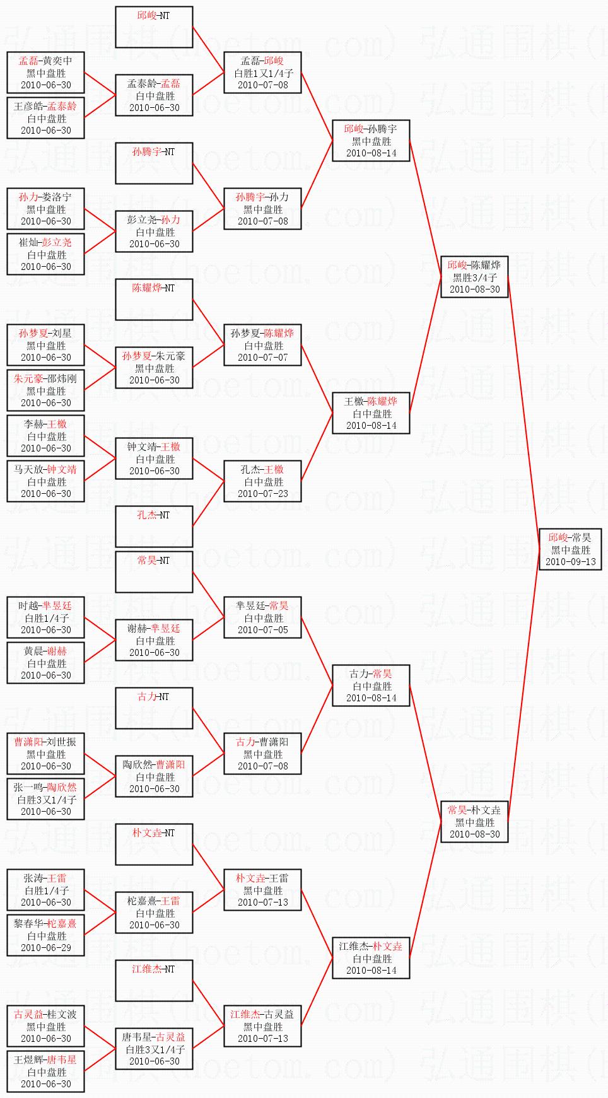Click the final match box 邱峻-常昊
click(570, 549)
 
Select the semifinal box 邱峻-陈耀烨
click(474, 277)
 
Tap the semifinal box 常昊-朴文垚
click(474, 822)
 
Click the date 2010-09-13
click(570, 561)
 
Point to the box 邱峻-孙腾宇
click(371, 141)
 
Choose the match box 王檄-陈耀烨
click(371, 413)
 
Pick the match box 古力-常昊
click(371, 686)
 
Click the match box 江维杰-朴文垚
click(371, 958)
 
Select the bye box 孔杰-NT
click(154, 526)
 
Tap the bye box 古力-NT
click(154, 708)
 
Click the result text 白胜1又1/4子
click(263, 73)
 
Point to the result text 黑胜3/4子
click(474, 277)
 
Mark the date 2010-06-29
click(45, 947)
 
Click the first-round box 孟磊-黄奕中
click(45, 73)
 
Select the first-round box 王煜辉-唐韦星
click(45, 1072)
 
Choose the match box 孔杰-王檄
click(262, 481)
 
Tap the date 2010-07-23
click(262, 493)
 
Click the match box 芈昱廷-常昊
click(262, 617)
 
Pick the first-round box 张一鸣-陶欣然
click(45, 799)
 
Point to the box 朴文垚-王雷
click(262, 890)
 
